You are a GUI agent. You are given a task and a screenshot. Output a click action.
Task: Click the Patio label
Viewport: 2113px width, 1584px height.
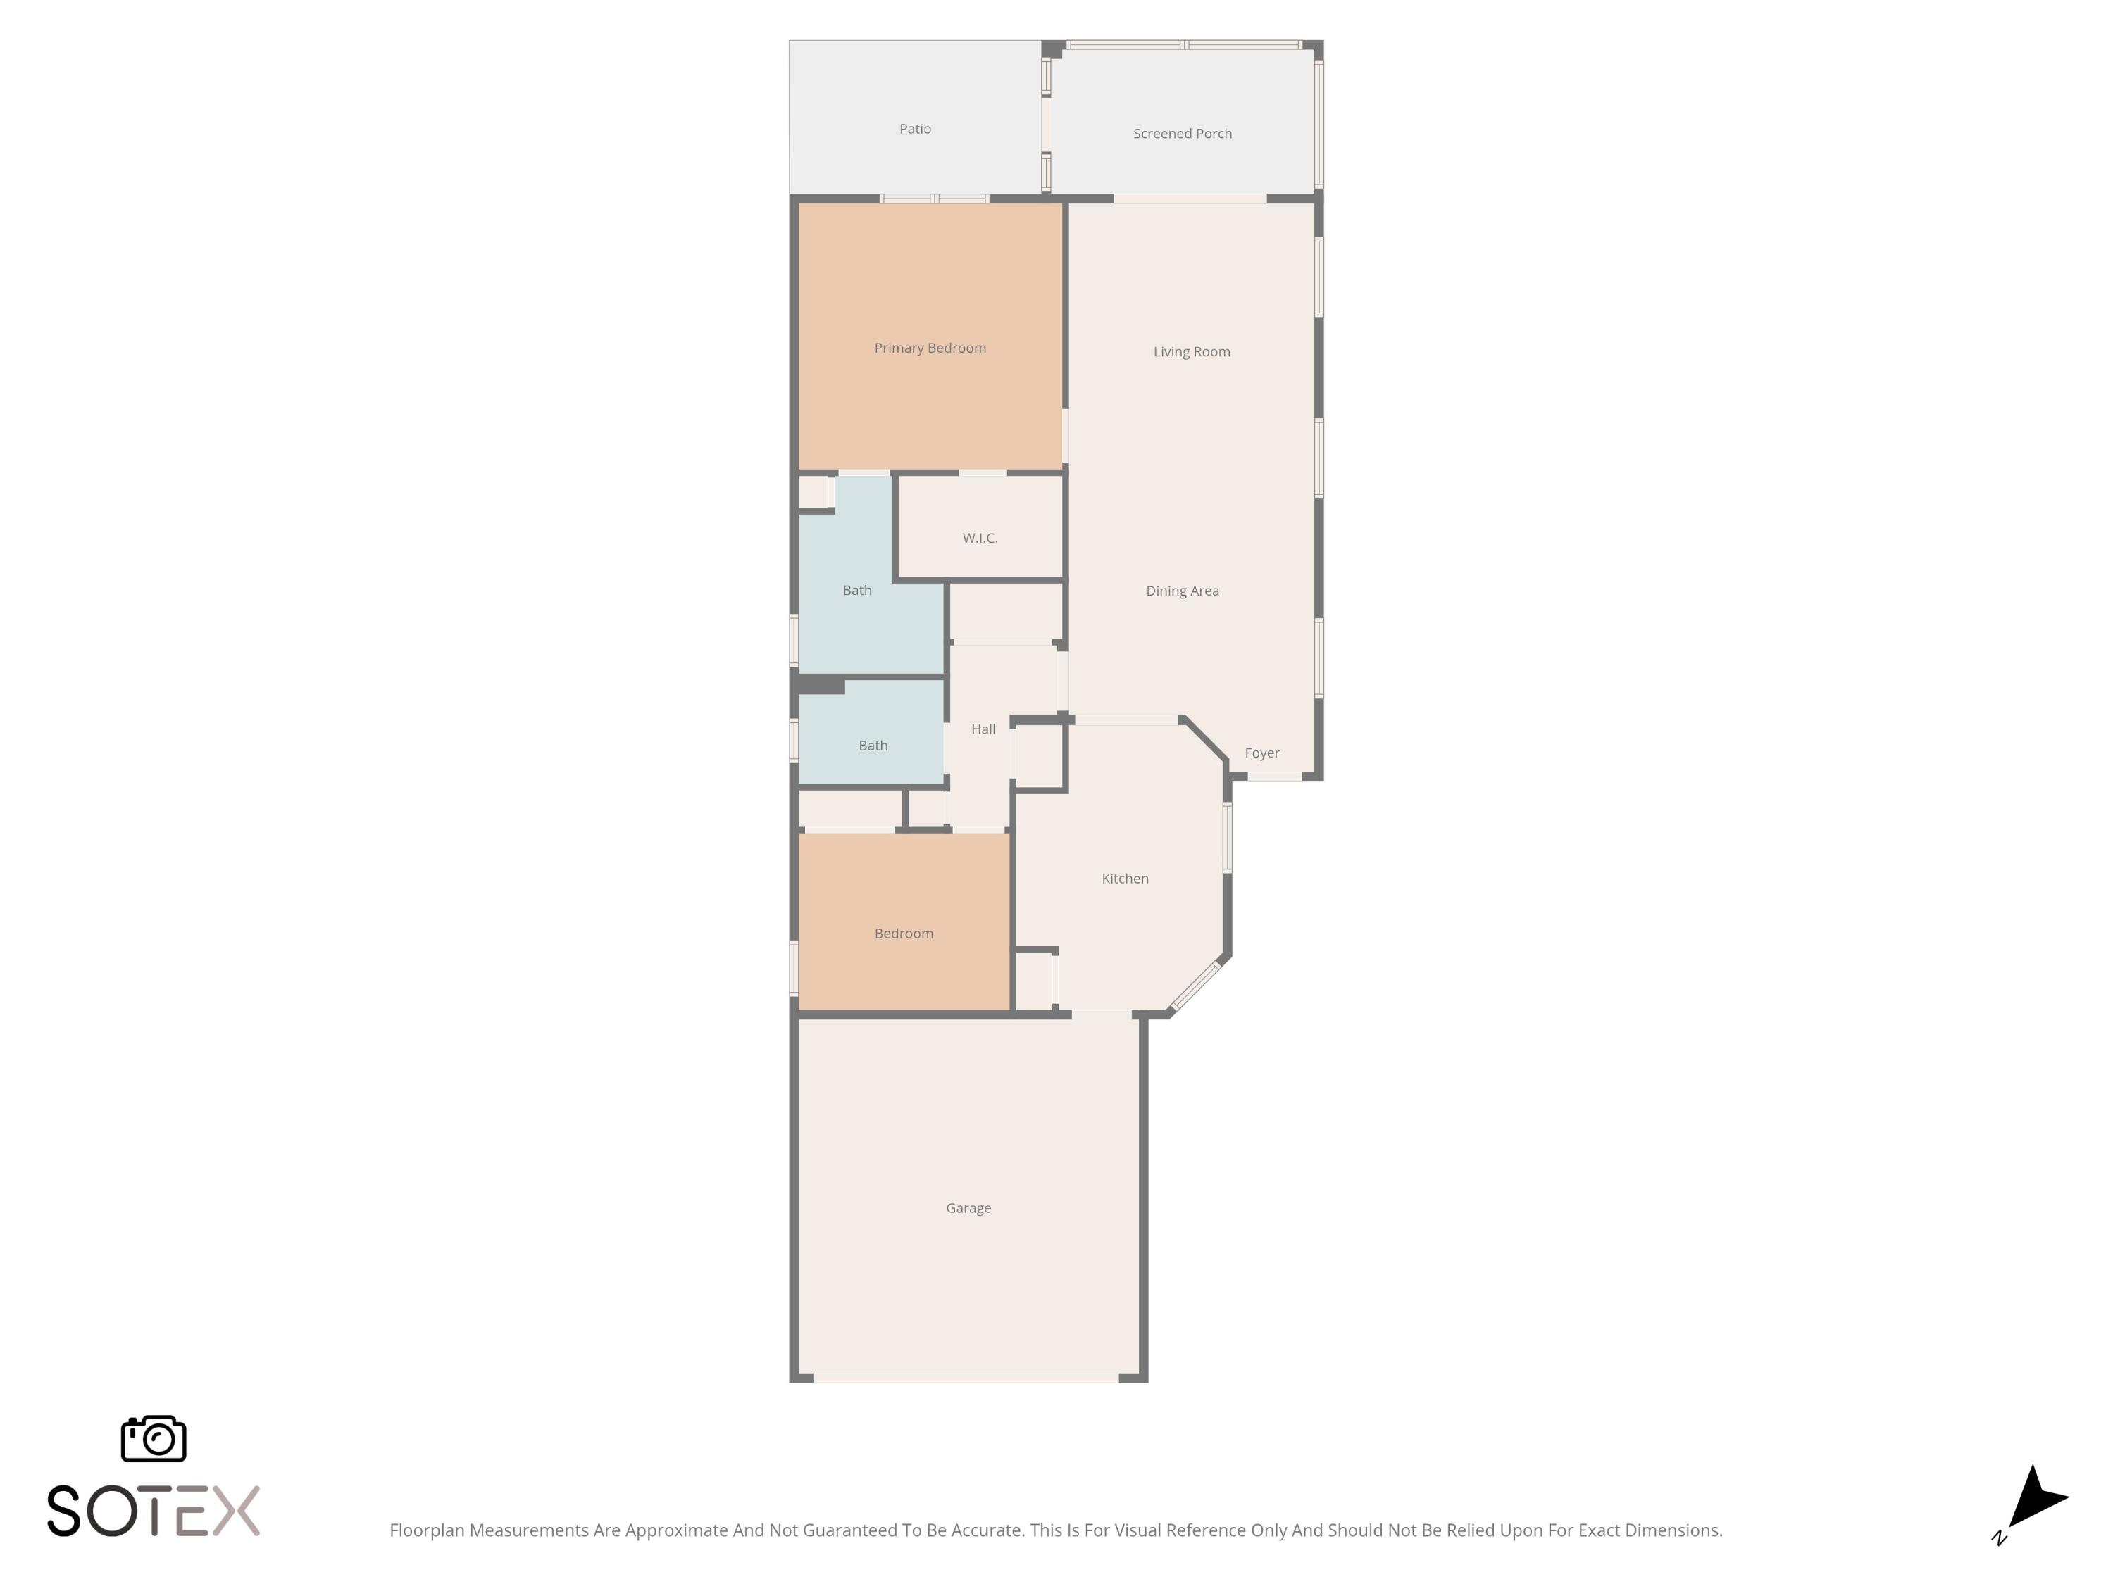coord(914,129)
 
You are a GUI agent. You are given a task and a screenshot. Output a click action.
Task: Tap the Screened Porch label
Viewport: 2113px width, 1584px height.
coord(1182,134)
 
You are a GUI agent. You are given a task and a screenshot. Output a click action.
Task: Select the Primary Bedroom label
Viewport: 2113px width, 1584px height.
coord(930,348)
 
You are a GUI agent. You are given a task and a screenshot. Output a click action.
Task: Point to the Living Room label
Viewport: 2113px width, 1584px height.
coord(1191,351)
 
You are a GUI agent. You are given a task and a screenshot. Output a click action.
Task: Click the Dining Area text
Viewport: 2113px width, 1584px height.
coord(1182,591)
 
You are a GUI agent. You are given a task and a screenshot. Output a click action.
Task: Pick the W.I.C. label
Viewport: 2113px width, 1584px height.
coord(980,539)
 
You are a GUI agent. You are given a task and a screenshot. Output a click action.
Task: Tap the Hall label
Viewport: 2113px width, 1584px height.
coord(983,729)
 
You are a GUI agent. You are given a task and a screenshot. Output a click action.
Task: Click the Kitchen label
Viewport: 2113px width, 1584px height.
coord(1124,879)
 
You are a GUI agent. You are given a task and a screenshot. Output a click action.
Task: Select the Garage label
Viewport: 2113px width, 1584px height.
coord(968,1208)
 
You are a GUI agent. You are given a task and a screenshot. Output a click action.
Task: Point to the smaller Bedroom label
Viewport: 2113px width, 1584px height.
coord(903,934)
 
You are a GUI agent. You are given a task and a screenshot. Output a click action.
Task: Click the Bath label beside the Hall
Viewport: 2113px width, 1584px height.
coord(872,746)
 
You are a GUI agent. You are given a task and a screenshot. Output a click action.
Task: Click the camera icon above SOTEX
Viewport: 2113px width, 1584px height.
coord(153,1439)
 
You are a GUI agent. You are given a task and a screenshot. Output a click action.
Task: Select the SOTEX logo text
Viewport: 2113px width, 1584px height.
coord(153,1511)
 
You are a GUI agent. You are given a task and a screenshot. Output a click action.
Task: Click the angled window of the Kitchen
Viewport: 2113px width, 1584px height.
coord(1196,986)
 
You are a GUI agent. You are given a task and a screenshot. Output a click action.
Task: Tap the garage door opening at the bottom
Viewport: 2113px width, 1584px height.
coord(966,1378)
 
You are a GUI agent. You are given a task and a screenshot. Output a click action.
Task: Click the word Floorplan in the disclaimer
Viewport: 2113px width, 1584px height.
coord(426,1530)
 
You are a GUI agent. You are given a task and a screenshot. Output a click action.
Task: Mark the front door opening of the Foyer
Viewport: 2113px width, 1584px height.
coord(1274,777)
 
